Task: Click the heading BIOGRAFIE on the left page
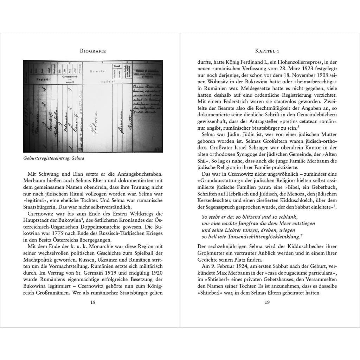93,51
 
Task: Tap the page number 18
93,302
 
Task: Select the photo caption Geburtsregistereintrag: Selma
54,158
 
